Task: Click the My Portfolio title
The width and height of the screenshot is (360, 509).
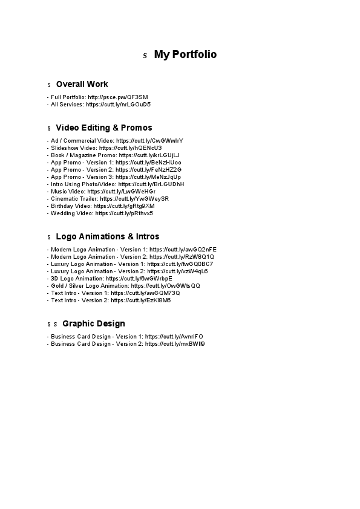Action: coord(185,55)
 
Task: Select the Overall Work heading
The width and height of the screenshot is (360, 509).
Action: coord(82,84)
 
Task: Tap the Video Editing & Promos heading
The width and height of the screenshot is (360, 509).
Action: coord(103,128)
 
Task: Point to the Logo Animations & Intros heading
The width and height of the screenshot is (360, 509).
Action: coord(107,236)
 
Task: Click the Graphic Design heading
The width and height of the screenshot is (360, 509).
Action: coord(93,323)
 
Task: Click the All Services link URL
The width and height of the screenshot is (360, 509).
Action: coord(118,105)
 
